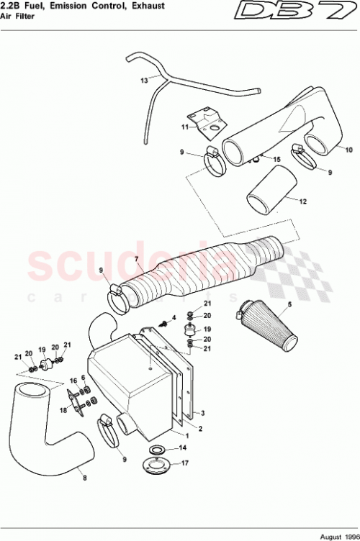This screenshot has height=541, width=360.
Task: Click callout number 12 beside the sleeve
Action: [303, 202]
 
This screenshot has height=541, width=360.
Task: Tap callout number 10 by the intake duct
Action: [348, 150]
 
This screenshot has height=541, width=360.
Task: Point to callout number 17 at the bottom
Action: [185, 464]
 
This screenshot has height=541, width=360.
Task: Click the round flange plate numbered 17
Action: [155, 468]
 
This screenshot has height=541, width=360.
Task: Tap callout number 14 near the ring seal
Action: [183, 447]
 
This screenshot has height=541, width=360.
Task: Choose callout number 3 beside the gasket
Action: [204, 414]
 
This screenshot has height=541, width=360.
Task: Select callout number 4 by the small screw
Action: [174, 317]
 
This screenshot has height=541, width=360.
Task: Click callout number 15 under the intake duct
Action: [276, 158]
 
